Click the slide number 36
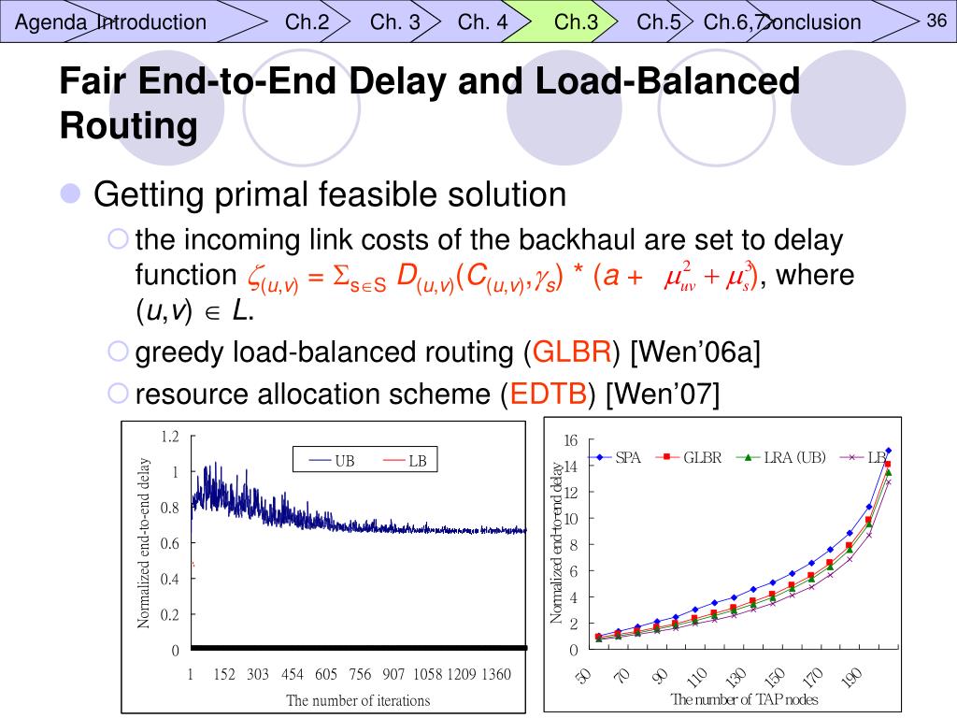[937, 21]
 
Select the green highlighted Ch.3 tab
[576, 22]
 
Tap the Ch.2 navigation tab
[307, 22]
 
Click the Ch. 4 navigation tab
[482, 22]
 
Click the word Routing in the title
[128, 125]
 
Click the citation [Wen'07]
[663, 395]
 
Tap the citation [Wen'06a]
[696, 352]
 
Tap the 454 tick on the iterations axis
[293, 675]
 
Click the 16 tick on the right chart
[571, 440]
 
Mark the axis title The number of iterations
[358, 700]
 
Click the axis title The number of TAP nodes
[744, 699]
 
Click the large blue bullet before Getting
[70, 194]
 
